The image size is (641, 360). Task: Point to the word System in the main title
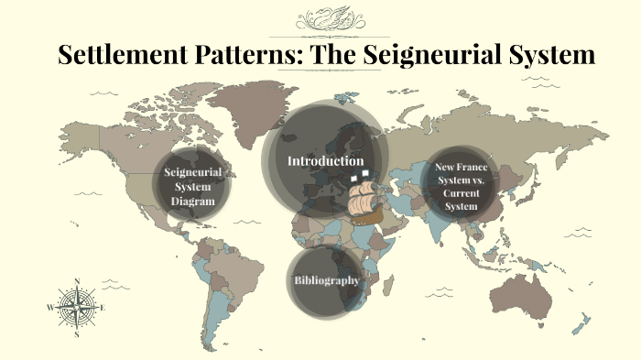pyautogui.click(x=548, y=54)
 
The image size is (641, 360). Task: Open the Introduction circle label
pyautogui.click(x=325, y=161)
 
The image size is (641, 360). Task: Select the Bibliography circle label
pyautogui.click(x=326, y=280)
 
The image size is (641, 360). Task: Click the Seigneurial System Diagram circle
pyautogui.click(x=190, y=187)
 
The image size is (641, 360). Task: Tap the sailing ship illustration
pyautogui.click(x=366, y=197)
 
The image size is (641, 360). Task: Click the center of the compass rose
pyautogui.click(x=76, y=308)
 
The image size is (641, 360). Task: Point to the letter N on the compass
pyautogui.click(x=76, y=281)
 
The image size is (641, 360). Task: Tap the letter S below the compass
pyautogui.click(x=77, y=334)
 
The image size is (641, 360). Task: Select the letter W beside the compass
pyautogui.click(x=49, y=308)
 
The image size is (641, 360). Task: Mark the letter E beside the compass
pyautogui.click(x=103, y=308)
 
